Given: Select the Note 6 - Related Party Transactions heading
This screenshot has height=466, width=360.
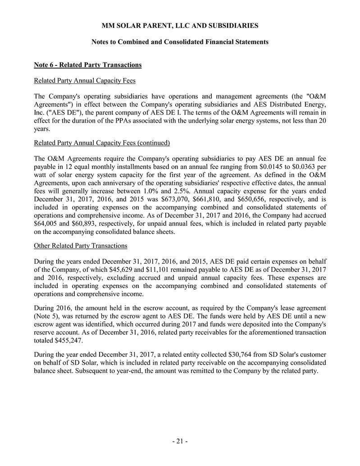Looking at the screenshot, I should (x=88, y=65).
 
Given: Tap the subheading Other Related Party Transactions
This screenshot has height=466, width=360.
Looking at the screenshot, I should (x=81, y=246).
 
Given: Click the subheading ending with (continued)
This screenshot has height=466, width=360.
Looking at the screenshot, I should (x=102, y=143).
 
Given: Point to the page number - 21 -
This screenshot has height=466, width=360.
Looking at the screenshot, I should (x=180, y=441).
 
